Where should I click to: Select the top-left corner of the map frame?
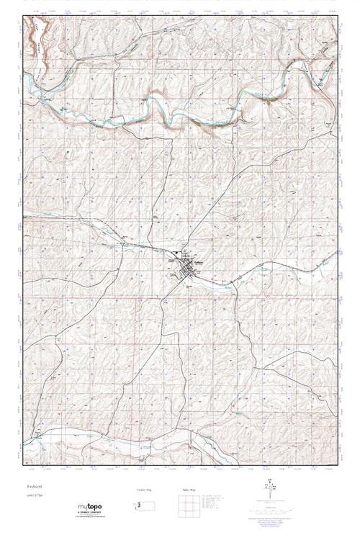23,18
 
